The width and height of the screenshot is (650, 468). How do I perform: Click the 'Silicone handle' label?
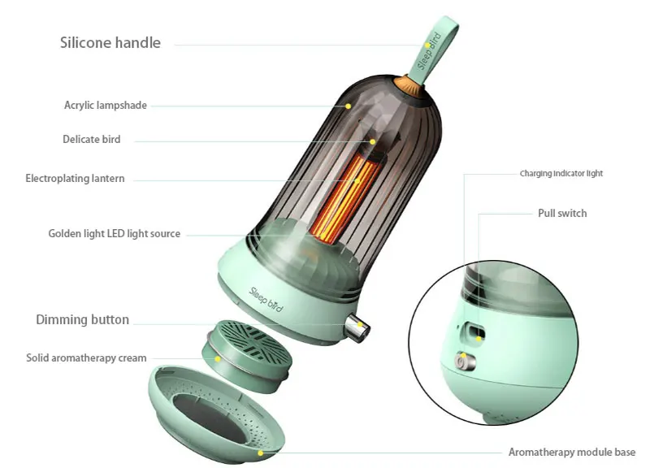[110, 43]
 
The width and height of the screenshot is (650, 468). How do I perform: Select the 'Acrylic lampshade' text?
[106, 106]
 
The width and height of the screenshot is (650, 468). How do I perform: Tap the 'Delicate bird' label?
[92, 140]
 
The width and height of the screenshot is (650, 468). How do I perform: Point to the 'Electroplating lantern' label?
[75, 179]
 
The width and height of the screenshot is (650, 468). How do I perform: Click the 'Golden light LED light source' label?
[115, 234]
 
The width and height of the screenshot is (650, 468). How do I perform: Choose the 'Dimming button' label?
[82, 320]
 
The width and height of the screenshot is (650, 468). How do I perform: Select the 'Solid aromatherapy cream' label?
[86, 357]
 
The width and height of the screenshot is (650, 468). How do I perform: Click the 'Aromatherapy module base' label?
[572, 452]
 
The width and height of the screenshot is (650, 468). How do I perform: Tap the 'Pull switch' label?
[562, 214]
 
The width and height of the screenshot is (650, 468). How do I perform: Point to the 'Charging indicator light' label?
[561, 174]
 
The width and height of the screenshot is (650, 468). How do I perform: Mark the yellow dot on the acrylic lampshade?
[349, 106]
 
